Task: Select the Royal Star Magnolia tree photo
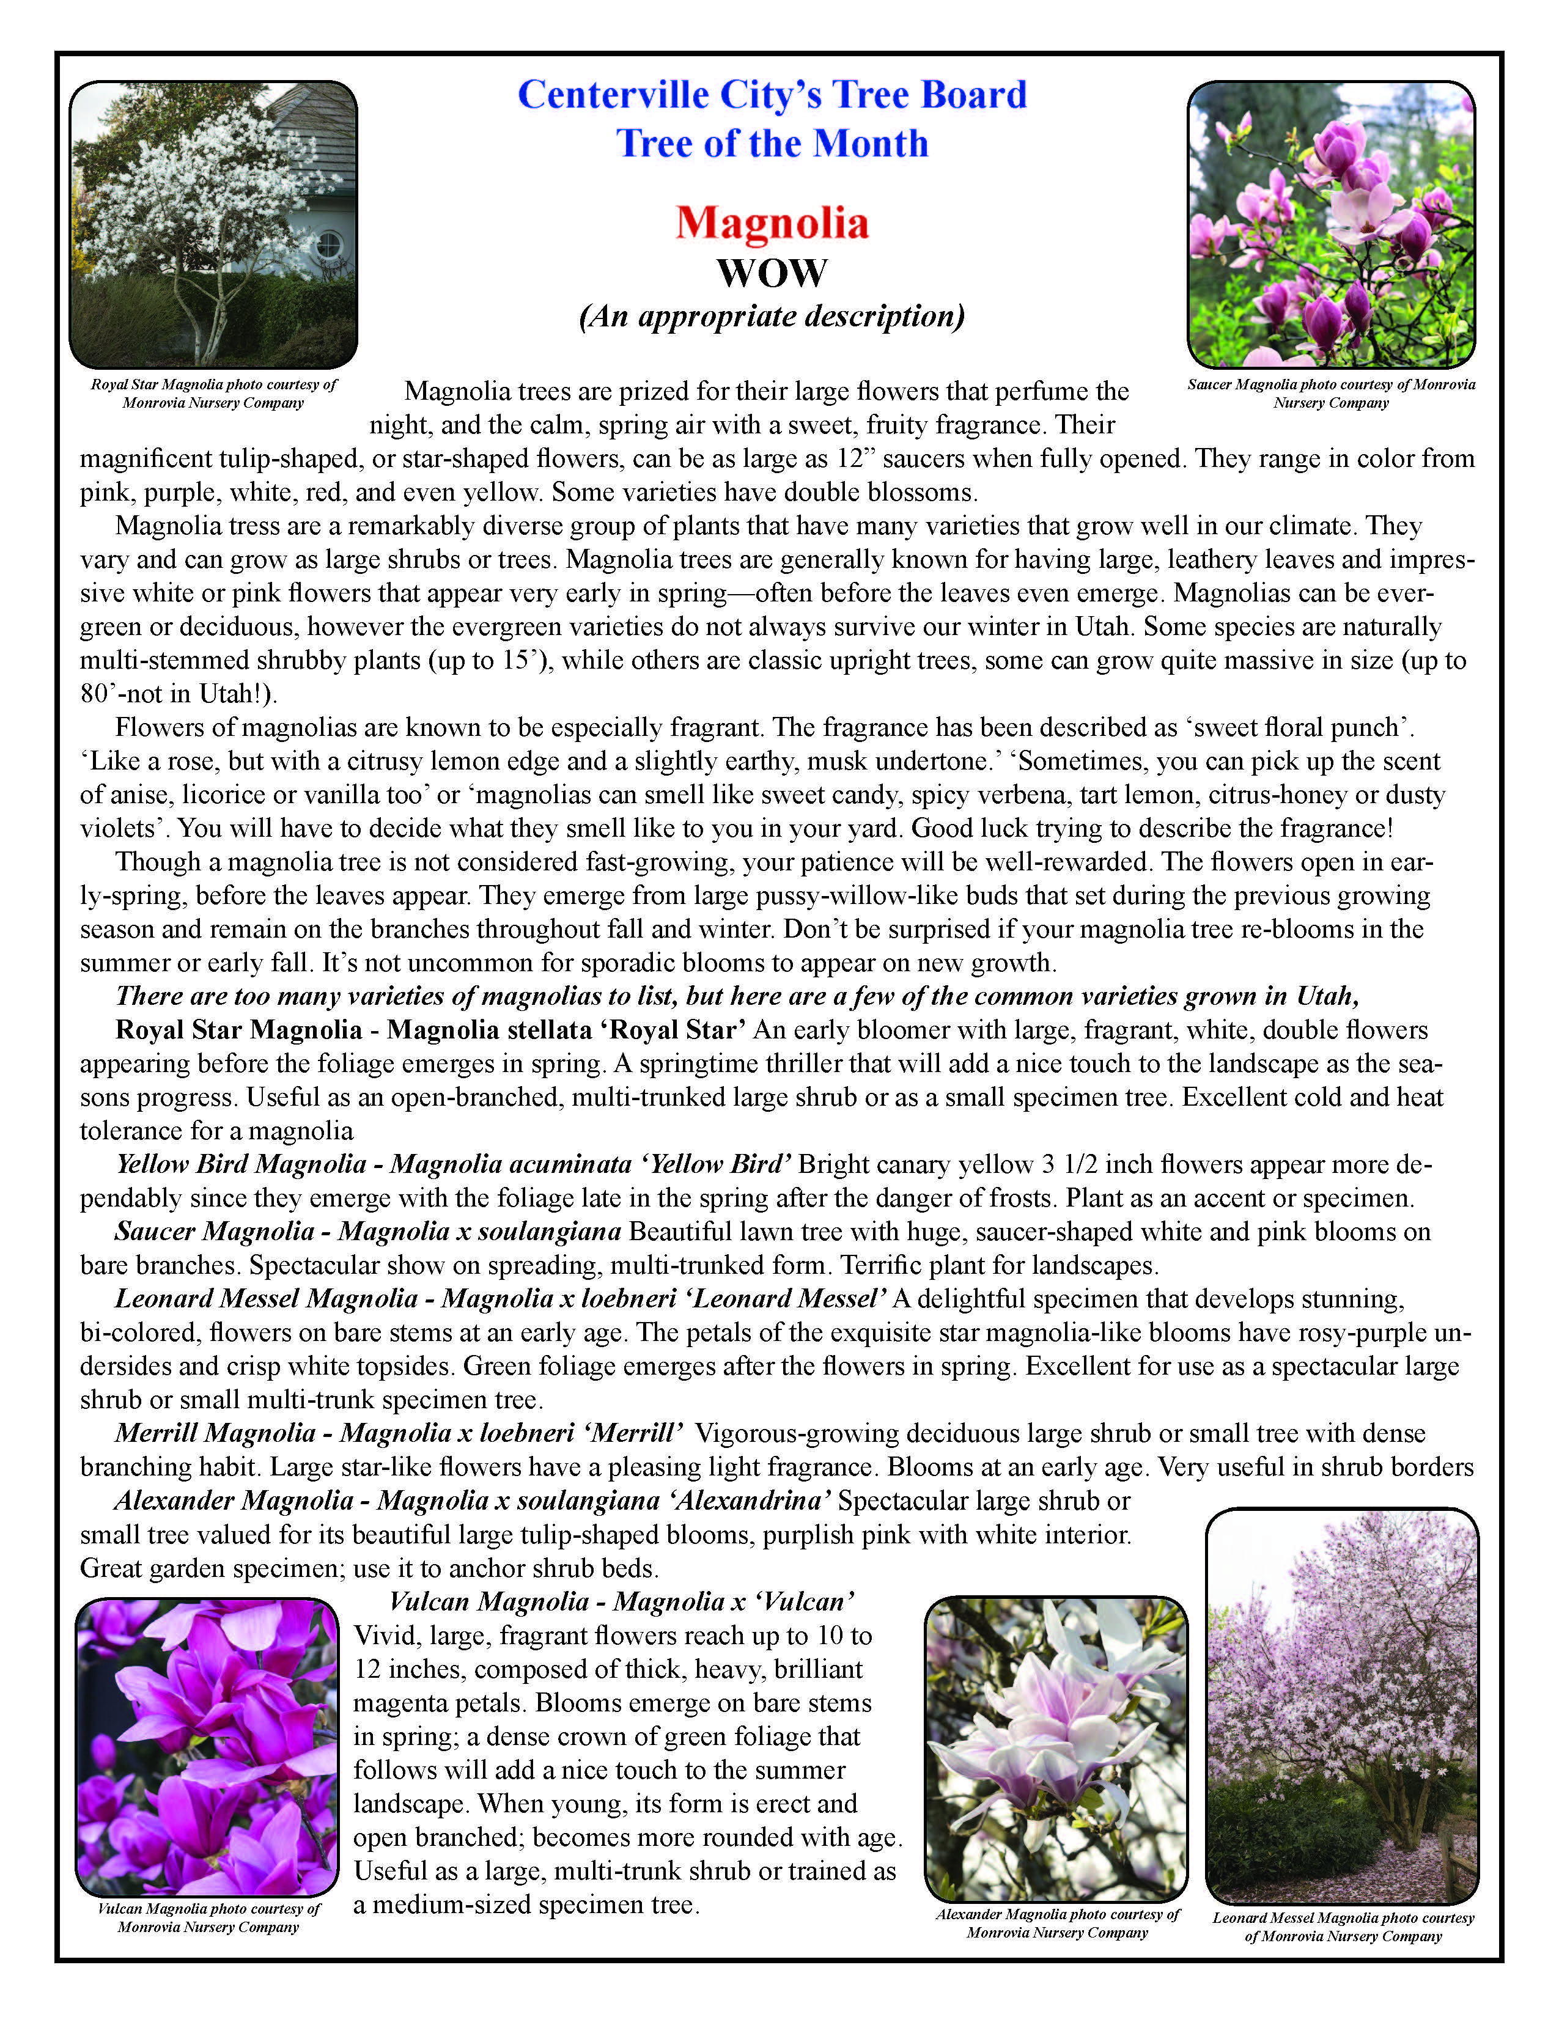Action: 213,224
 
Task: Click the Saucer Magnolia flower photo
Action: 1331,224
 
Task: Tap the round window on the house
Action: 329,246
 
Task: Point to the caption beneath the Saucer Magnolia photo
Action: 1331,394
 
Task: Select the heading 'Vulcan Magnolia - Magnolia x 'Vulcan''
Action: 621,1601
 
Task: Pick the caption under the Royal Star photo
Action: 213,394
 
